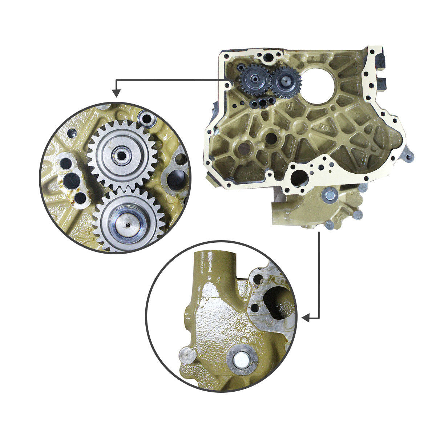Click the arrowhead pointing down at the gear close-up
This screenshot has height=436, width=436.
pyautogui.click(x=116, y=93)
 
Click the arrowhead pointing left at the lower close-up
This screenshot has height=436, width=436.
pyautogui.click(x=306, y=318)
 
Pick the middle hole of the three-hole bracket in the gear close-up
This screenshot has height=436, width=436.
pyautogui.click(x=72, y=179)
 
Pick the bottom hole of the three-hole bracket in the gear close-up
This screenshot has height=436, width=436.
pyautogui.click(x=80, y=198)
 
